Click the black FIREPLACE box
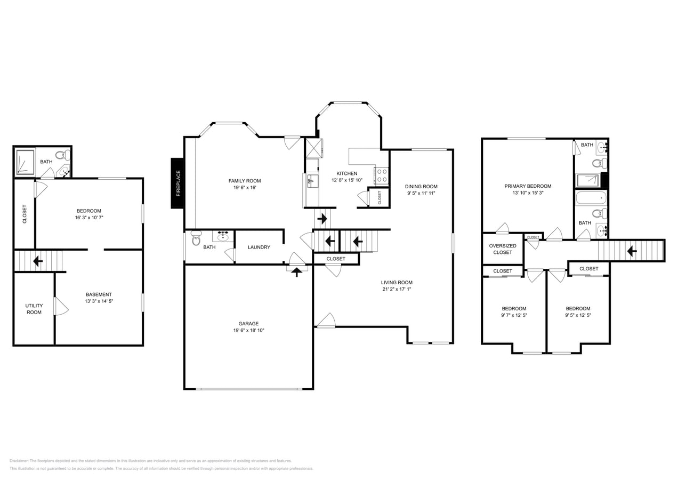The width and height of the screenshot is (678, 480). [177, 183]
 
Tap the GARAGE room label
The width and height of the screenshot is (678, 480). [248, 323]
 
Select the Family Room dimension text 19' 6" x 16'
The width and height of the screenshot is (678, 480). [245, 188]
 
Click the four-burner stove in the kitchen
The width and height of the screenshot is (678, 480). [382, 175]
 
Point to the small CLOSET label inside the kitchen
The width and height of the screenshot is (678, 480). [380, 197]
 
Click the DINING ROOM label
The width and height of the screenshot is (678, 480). [421, 187]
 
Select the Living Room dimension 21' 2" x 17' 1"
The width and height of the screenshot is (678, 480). [397, 290]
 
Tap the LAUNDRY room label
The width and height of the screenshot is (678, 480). [259, 247]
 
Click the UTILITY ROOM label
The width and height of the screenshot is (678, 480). [34, 309]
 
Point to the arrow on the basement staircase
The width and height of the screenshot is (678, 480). [38, 261]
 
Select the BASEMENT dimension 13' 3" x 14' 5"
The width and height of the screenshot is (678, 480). [99, 301]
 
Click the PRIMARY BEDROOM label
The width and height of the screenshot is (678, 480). [528, 186]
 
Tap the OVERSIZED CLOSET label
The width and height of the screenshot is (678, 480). [503, 249]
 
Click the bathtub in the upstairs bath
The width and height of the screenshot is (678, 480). [591, 198]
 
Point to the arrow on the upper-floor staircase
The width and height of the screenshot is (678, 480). [632, 251]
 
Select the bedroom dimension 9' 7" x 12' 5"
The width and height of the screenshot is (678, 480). [514, 315]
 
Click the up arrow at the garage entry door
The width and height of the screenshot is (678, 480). [296, 271]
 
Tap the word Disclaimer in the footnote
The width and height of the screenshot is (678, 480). [19, 461]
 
